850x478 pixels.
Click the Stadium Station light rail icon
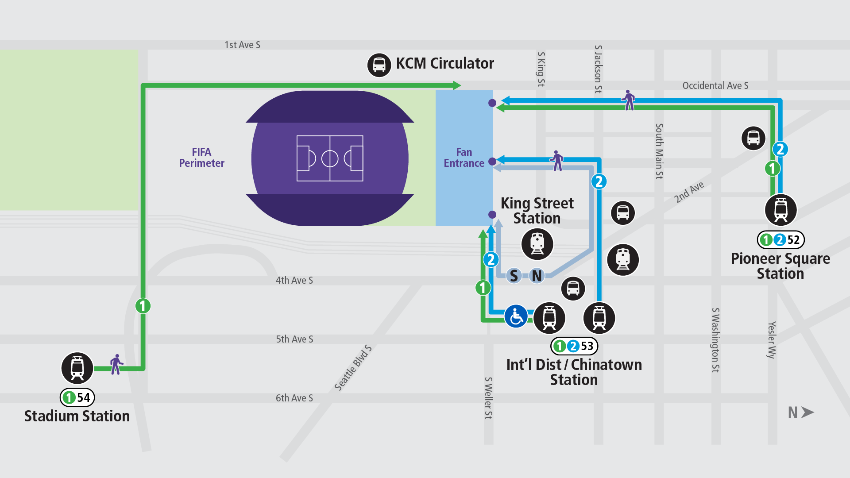pyautogui.click(x=77, y=368)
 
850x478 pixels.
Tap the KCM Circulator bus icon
pyautogui.click(x=379, y=65)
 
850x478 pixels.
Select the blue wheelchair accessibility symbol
pyautogui.click(x=516, y=316)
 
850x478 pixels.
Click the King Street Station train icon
pyautogui.click(x=537, y=244)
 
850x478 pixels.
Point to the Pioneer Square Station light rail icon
pyautogui.click(x=781, y=210)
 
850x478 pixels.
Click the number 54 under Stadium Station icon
pyautogui.click(x=84, y=397)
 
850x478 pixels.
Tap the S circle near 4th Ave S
pyautogui.click(x=514, y=276)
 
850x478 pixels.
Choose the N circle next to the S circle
pyautogui.click(x=537, y=276)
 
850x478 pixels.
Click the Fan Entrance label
pyautogui.click(x=464, y=158)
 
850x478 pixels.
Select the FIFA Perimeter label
pyautogui.click(x=201, y=158)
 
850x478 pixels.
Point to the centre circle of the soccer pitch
pyautogui.click(x=330, y=158)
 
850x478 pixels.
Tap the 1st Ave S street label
pyautogui.click(x=242, y=45)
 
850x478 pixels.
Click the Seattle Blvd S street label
pyautogui.click(x=353, y=368)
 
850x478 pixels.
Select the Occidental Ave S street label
pyautogui.click(x=715, y=85)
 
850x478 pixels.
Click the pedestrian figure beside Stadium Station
pyautogui.click(x=116, y=364)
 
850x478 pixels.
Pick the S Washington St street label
pyautogui.click(x=715, y=340)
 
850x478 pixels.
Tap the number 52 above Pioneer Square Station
pyautogui.click(x=793, y=240)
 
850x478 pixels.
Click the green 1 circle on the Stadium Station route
pyautogui.click(x=143, y=306)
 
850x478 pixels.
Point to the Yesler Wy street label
pyautogui.click(x=772, y=340)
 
